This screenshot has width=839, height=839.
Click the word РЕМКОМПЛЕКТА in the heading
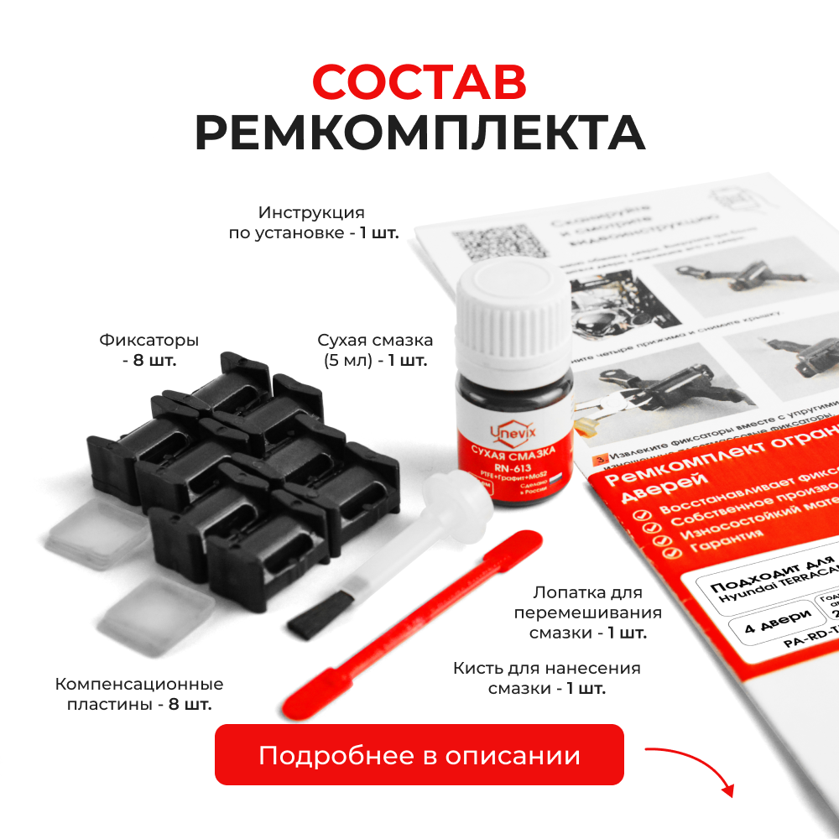[x=419, y=133]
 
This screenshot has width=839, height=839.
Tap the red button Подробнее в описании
[x=419, y=755]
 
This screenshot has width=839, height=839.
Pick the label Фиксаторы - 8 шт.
[x=149, y=350]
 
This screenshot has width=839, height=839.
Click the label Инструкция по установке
[x=312, y=222]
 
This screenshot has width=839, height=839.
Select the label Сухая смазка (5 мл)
[x=375, y=350]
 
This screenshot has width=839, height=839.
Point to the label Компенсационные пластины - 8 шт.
[x=139, y=694]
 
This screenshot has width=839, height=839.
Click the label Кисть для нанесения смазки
[x=547, y=678]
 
